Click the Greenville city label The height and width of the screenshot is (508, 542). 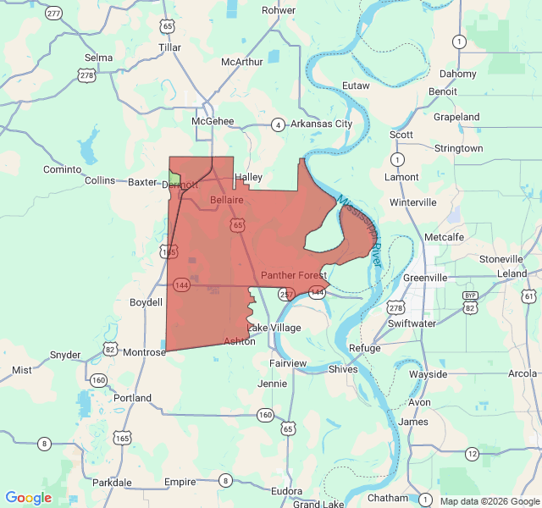(x=425, y=277)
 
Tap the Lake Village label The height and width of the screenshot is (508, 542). (x=274, y=328)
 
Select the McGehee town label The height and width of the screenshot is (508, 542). (x=213, y=121)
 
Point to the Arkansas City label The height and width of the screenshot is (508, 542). (x=321, y=124)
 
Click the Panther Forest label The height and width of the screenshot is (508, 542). (x=294, y=275)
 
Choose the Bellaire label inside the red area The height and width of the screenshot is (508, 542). (x=227, y=200)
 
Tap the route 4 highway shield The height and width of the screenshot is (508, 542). (x=278, y=125)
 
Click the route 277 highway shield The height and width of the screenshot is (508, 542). (x=54, y=14)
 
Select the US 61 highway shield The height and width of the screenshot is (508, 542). (x=529, y=295)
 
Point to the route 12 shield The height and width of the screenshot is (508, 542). (x=472, y=455)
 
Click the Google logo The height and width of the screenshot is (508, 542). (x=28, y=498)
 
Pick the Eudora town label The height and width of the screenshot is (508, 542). (x=287, y=490)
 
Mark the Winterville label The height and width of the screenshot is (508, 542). (x=413, y=202)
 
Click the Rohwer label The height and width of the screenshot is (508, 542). (x=279, y=10)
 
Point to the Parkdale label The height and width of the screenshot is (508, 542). (x=112, y=483)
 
